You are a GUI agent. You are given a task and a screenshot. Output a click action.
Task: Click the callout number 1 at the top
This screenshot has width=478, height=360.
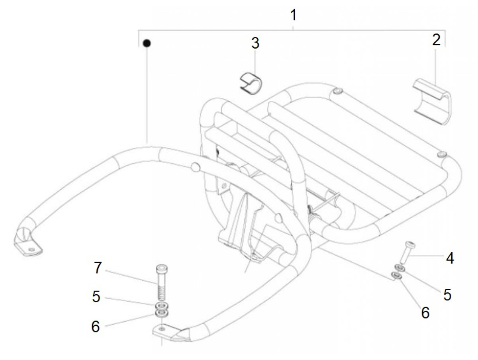tap(293, 15)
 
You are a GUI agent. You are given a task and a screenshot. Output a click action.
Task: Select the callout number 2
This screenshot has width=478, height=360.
tap(436, 40)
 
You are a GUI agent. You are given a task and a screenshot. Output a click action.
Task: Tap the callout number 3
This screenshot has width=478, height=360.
tap(255, 43)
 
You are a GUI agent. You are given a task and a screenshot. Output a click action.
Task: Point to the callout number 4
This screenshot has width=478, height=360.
tap(450, 258)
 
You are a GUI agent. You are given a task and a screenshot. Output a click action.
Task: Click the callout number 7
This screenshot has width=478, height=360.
tap(98, 268)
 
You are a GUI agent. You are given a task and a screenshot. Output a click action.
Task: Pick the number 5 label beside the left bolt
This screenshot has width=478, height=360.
tap(96, 296)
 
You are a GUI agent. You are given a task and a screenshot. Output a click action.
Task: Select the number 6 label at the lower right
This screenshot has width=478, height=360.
tap(425, 313)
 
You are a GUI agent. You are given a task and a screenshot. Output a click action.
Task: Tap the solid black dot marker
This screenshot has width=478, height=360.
tap(147, 43)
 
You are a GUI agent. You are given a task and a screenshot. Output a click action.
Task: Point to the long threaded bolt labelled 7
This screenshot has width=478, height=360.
tap(162, 282)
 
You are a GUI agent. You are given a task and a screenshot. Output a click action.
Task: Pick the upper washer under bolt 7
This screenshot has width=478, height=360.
tap(162, 305)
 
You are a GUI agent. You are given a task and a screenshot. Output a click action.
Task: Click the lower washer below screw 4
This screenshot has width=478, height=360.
tap(396, 276)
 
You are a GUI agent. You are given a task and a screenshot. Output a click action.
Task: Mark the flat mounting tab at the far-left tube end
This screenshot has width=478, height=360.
tap(28, 248)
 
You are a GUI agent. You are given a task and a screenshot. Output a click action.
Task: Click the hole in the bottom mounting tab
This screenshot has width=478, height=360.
tap(161, 328)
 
